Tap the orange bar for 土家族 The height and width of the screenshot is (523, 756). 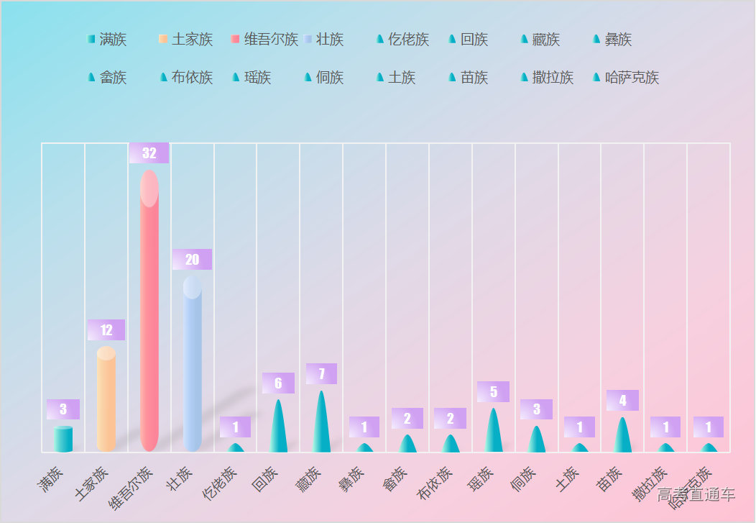106,399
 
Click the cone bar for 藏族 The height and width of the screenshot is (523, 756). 321,424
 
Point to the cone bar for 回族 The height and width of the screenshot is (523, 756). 278,428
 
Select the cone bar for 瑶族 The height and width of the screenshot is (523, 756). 493,432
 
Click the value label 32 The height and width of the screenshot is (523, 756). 149,153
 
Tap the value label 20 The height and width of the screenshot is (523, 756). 192,260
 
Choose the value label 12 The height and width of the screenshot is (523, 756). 106,330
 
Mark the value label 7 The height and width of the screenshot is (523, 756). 321,374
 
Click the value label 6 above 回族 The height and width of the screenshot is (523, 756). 278,383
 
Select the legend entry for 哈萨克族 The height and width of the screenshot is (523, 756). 625,78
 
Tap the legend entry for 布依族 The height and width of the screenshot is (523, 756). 186,78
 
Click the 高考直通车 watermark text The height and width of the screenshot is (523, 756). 696,494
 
